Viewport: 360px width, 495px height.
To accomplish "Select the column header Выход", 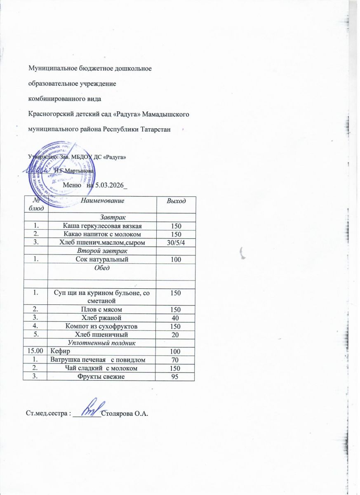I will click(x=175, y=201).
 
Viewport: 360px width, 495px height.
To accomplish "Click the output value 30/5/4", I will click(x=175, y=242).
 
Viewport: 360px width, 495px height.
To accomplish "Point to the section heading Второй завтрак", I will click(x=102, y=250).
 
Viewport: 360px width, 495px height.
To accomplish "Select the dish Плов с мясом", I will click(x=102, y=309).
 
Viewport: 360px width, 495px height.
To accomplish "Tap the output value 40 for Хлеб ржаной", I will click(x=175, y=318).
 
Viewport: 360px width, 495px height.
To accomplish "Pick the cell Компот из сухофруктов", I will click(x=102, y=326).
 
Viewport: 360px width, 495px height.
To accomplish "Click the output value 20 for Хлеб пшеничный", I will click(x=175, y=335).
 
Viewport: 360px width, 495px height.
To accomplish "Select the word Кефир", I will click(x=60, y=351).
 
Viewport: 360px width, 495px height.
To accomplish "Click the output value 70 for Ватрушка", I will click(x=175, y=360).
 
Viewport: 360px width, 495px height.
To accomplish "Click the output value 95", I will click(x=175, y=377).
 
